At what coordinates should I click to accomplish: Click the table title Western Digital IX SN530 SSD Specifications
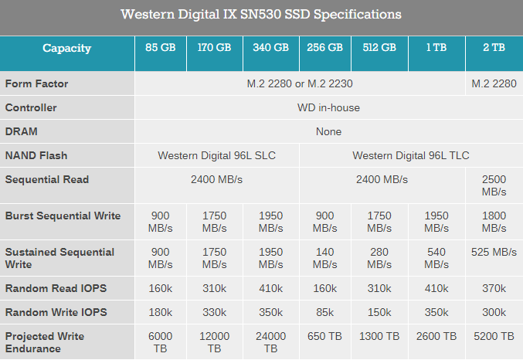[261, 15]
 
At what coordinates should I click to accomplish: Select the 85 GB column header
[161, 48]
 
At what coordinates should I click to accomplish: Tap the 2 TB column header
[494, 48]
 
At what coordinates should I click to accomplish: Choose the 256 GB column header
[324, 48]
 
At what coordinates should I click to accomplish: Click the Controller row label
[31, 107]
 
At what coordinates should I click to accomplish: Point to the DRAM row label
[22, 131]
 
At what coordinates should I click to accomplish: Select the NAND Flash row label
[36, 155]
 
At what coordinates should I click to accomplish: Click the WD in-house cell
[328, 107]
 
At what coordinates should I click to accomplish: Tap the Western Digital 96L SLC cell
[216, 155]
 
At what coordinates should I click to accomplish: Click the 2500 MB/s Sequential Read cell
[494, 185]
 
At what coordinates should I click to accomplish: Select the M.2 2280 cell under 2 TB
[494, 83]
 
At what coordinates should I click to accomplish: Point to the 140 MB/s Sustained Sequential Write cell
[324, 258]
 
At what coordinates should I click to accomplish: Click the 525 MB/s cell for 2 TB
[494, 252]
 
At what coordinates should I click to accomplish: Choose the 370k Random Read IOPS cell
[494, 288]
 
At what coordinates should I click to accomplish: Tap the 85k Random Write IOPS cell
[324, 312]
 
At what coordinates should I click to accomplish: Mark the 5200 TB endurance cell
[494, 336]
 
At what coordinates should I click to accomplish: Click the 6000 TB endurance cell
[161, 342]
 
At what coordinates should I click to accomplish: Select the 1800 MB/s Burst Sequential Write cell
[494, 222]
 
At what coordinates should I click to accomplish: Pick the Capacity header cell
[66, 48]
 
